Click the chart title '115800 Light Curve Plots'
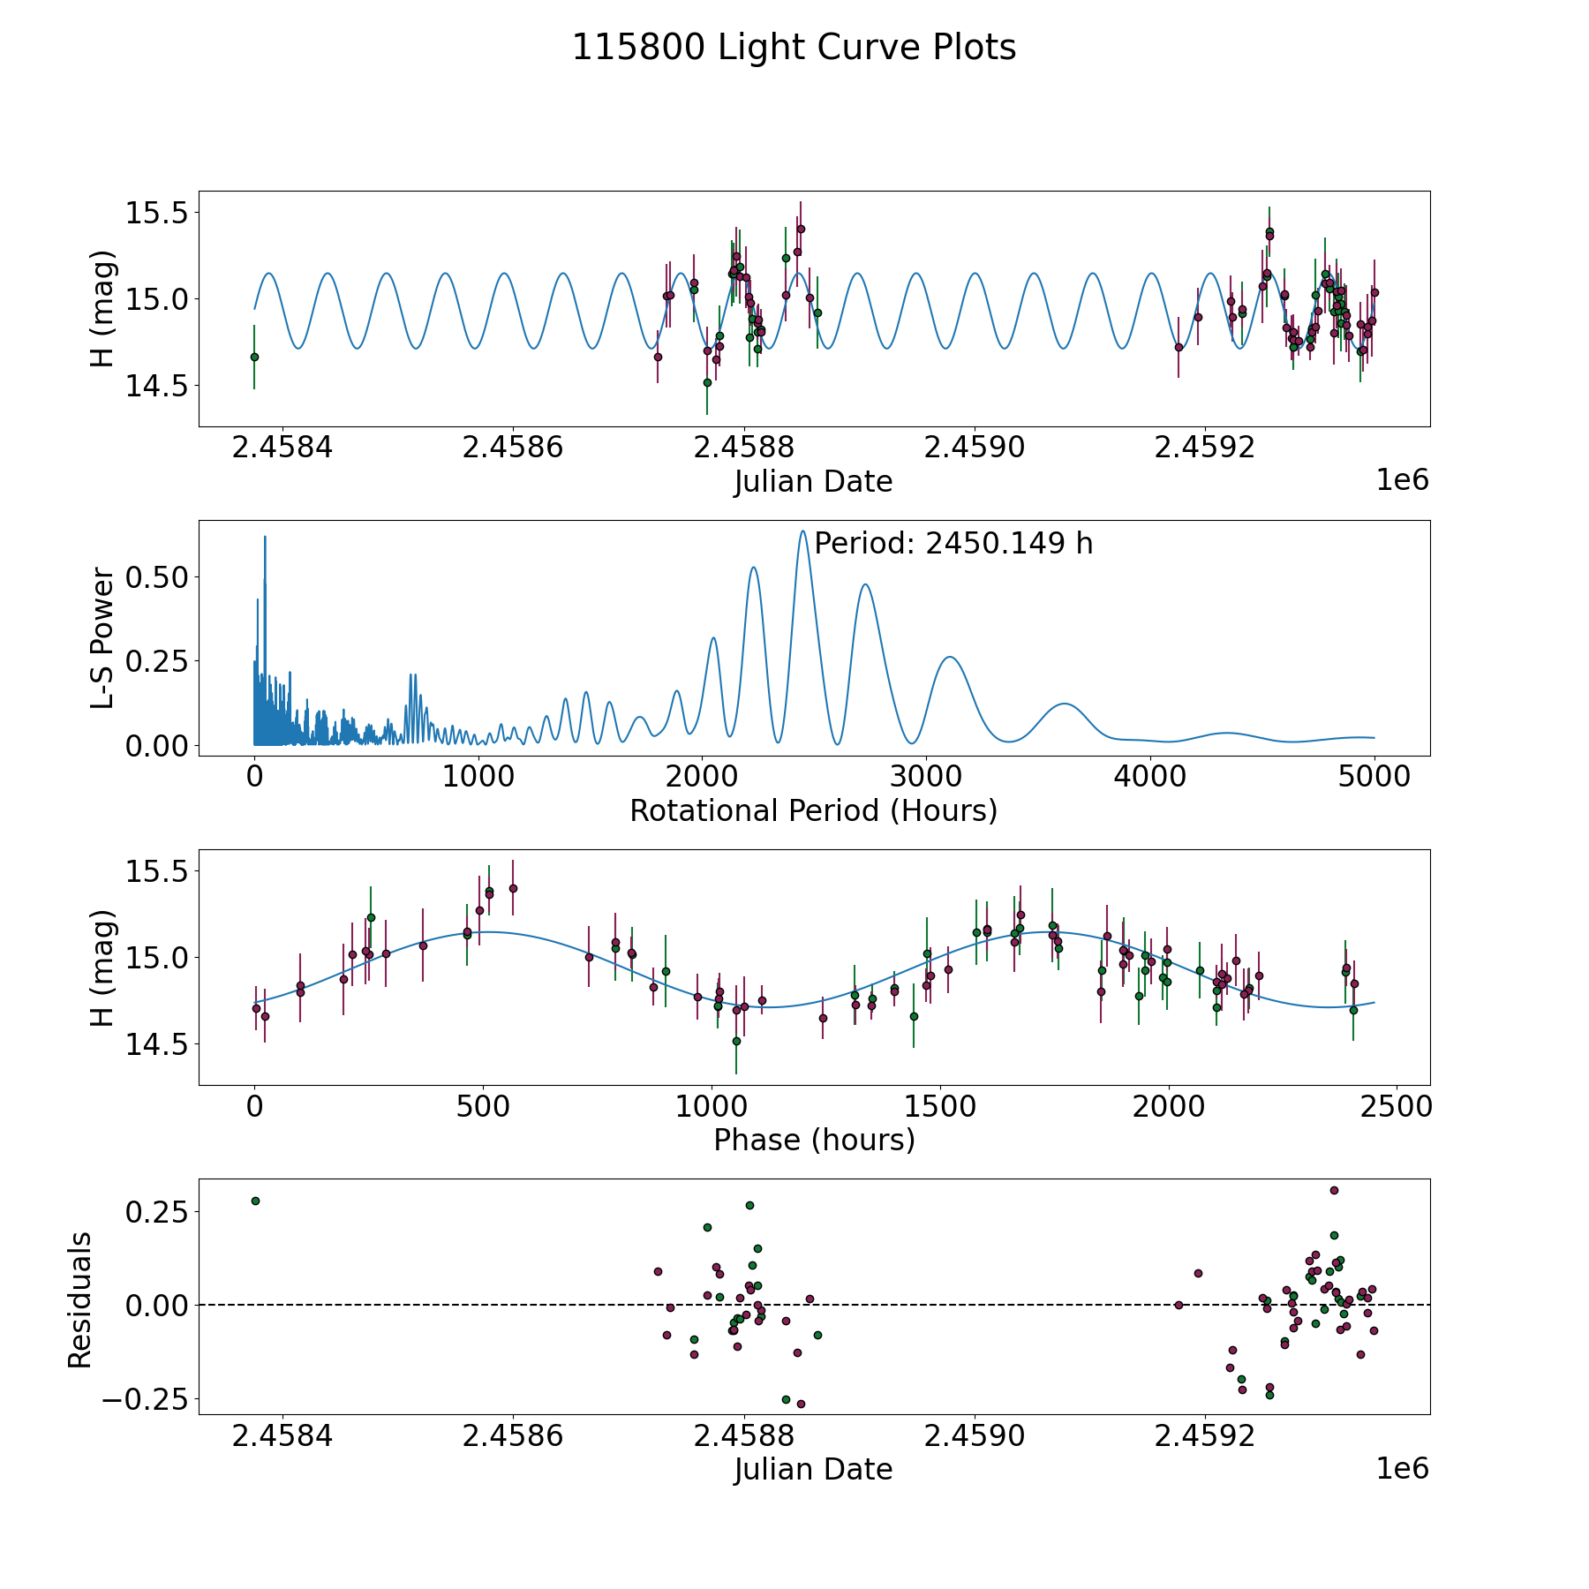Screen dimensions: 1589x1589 (x=794, y=48)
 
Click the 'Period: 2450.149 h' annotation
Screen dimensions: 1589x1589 (x=953, y=544)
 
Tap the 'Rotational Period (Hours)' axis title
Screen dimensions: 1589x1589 (x=813, y=810)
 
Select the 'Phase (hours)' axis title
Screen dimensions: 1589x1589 (x=813, y=1140)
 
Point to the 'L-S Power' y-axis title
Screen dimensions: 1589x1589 (x=102, y=638)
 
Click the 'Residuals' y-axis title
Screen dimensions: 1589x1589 (x=80, y=1300)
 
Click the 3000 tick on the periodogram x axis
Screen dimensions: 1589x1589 (x=926, y=777)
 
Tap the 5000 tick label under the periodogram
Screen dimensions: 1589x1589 (x=1374, y=777)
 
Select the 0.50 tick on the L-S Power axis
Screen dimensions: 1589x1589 (x=157, y=577)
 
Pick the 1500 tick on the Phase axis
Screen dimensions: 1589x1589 (x=940, y=1106)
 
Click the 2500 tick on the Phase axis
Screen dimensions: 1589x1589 (x=1397, y=1106)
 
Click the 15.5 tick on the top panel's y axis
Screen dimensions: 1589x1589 (x=156, y=213)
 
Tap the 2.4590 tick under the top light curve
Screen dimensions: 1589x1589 (x=975, y=448)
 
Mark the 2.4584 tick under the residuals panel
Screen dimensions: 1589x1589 (x=282, y=1436)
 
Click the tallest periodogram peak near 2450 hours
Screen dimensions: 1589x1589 (x=802, y=531)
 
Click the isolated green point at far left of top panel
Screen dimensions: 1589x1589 (x=254, y=357)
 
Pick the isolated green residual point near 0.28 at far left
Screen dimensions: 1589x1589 (x=255, y=1201)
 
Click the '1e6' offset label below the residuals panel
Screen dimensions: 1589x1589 (x=1402, y=1469)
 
